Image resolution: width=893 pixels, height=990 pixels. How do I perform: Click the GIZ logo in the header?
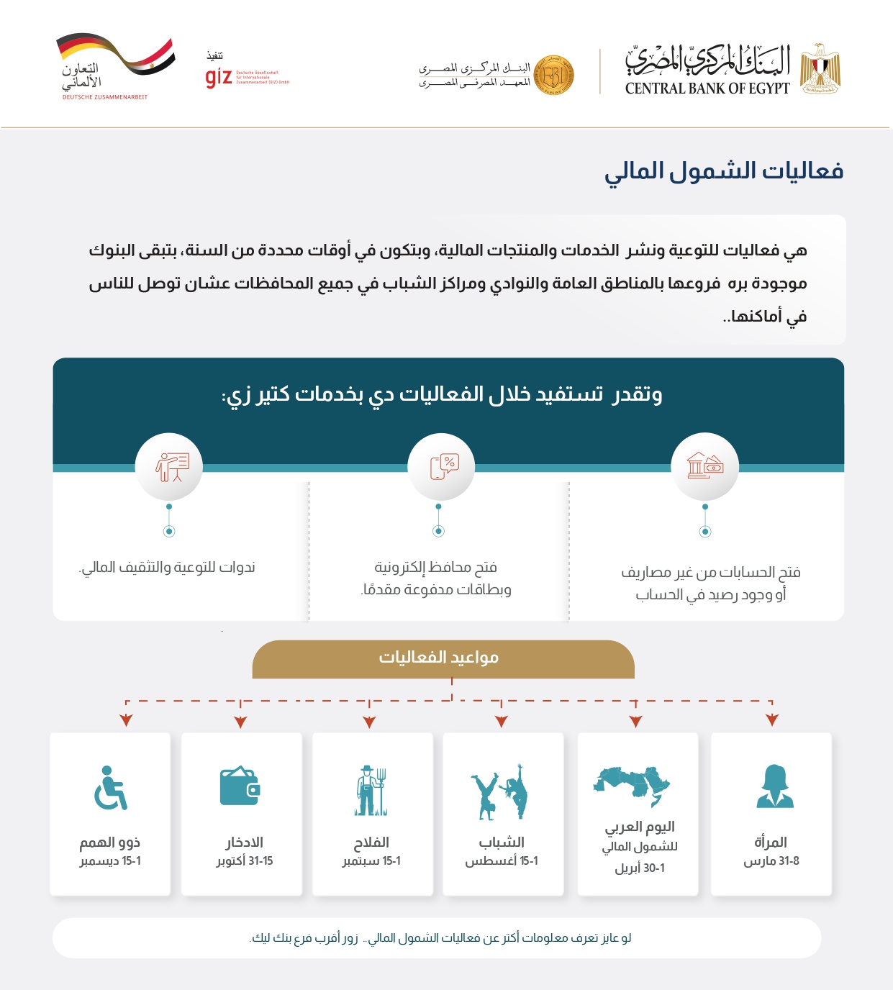pyautogui.click(x=219, y=76)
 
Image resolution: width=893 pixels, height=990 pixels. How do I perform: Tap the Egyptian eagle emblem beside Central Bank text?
pyautogui.click(x=820, y=68)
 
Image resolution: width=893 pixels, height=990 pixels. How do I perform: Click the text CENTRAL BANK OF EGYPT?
pyautogui.click(x=707, y=88)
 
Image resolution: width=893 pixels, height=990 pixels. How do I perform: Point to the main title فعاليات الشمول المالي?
pyautogui.click(x=723, y=171)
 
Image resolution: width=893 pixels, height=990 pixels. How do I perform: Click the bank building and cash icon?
pyautogui.click(x=704, y=466)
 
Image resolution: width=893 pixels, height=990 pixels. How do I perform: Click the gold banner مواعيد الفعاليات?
pyautogui.click(x=443, y=658)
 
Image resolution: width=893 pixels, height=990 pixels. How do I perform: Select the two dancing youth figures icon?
pyautogui.click(x=500, y=791)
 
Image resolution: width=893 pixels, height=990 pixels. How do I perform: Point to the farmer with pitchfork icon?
pyautogui.click(x=371, y=791)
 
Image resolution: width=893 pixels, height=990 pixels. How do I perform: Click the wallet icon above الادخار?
pyautogui.click(x=240, y=786)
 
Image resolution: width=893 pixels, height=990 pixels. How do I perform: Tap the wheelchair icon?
pyautogui.click(x=110, y=788)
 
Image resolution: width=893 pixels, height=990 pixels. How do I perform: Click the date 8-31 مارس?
pyautogui.click(x=771, y=861)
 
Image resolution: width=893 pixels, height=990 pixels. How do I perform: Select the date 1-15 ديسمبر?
pyautogui.click(x=110, y=861)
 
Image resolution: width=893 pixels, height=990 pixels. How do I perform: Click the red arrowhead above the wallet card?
pyautogui.click(x=241, y=722)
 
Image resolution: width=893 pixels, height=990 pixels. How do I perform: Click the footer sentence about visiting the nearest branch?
pyautogui.click(x=440, y=938)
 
